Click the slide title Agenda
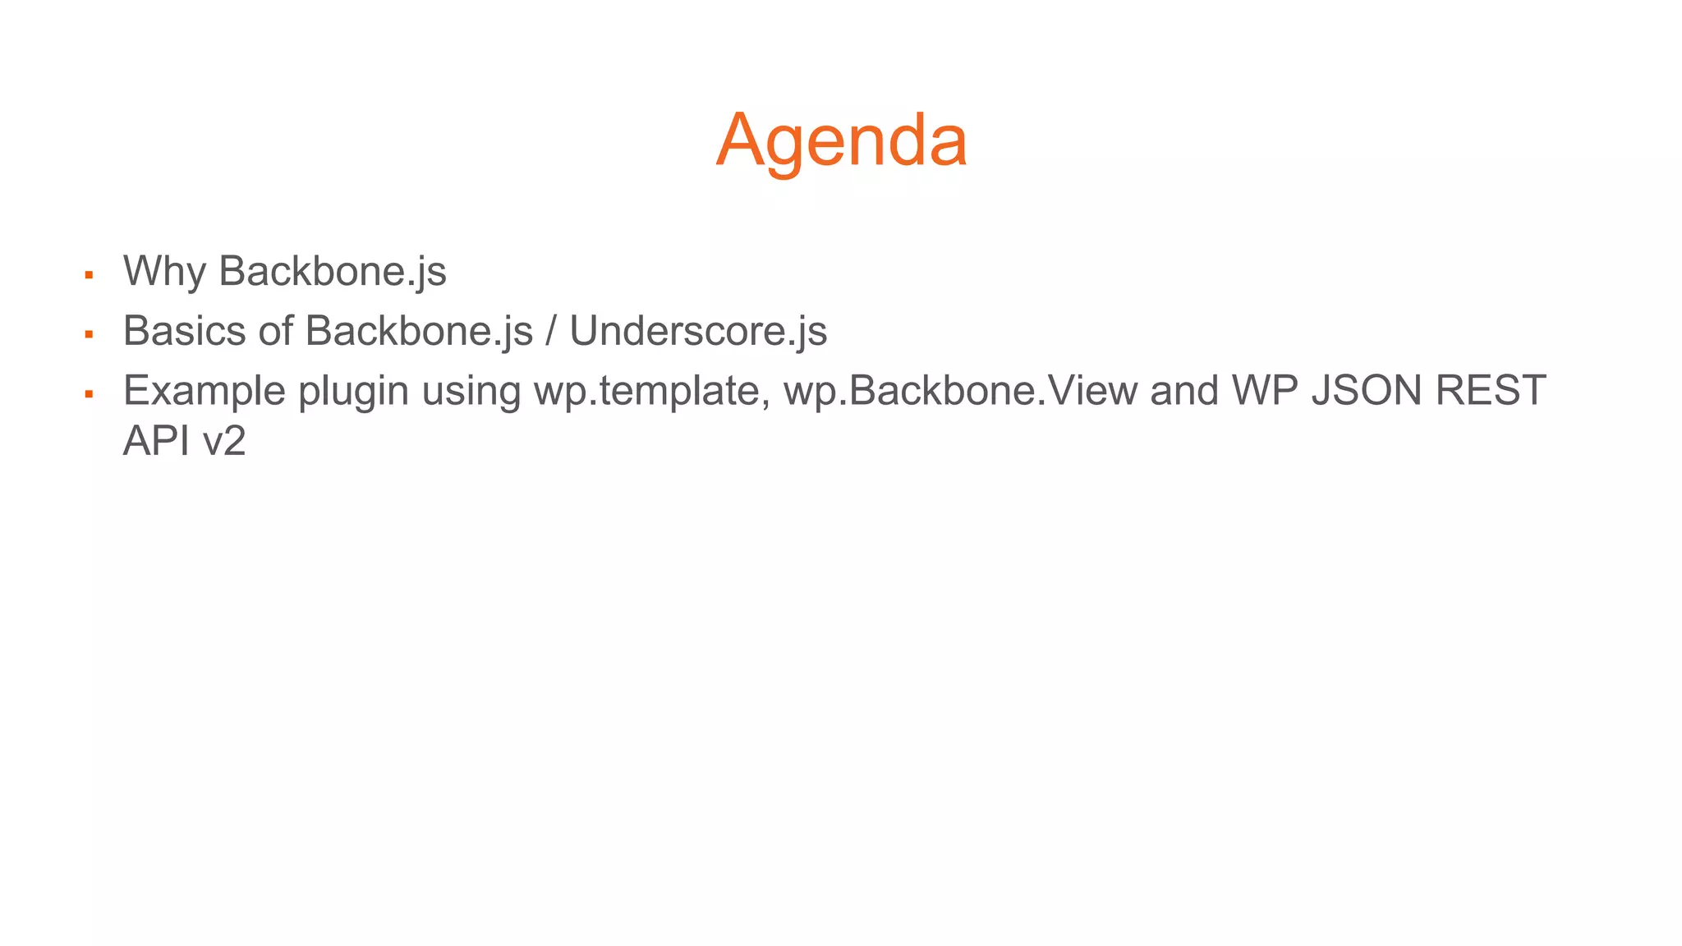[841, 141]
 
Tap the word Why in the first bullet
[164, 271]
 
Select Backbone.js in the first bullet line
[333, 271]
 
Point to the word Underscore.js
[698, 331]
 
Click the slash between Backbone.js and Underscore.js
[551, 331]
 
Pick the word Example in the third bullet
[204, 390]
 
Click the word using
[471, 392]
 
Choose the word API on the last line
[156, 442]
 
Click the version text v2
[224, 442]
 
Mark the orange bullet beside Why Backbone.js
[89, 275]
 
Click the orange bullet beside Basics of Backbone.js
[89, 335]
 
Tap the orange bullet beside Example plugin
[89, 394]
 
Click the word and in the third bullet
[1184, 390]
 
